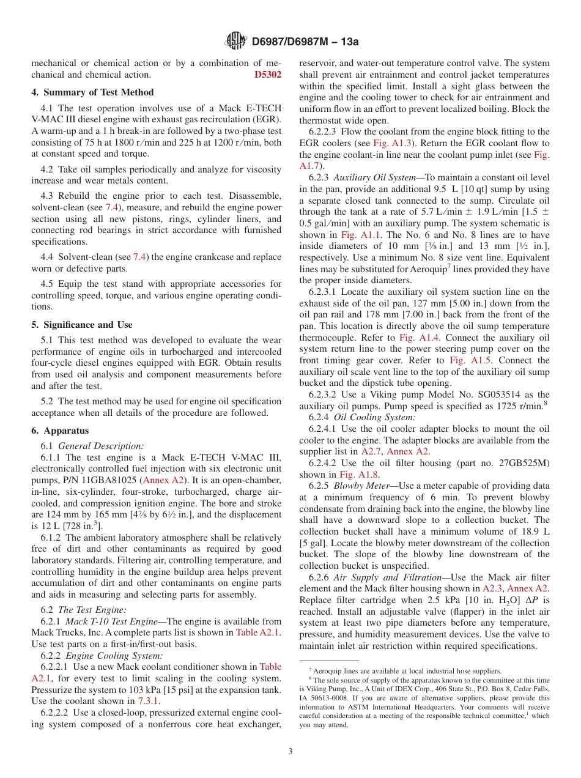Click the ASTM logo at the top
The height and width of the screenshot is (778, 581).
(x=236, y=41)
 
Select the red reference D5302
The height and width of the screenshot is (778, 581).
(x=268, y=75)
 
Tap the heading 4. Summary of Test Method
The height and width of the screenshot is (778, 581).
(x=92, y=92)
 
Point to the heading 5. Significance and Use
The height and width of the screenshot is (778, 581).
(x=82, y=325)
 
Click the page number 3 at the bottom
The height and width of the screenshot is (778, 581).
(x=290, y=751)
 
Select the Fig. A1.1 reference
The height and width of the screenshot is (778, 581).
(x=361, y=234)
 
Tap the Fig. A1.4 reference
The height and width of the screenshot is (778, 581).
(x=415, y=337)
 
